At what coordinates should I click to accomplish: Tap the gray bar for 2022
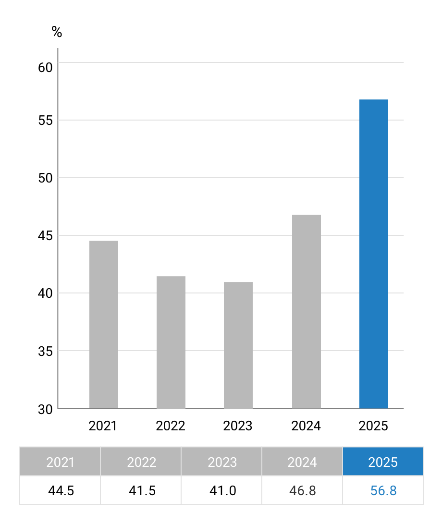[x=171, y=342]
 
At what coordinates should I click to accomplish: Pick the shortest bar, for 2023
[x=238, y=345]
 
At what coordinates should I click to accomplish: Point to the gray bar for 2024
[x=306, y=311]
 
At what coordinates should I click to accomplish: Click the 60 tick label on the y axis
[x=45, y=67]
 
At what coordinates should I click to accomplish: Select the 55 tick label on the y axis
[x=45, y=120]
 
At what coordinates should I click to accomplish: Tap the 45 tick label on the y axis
[x=45, y=236]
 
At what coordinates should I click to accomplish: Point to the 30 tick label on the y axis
[x=45, y=409]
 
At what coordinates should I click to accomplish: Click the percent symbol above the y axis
[x=57, y=33]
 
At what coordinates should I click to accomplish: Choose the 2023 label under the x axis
[x=238, y=426]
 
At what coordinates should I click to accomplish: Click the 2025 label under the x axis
[x=373, y=426]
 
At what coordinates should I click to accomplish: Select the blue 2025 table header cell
[x=383, y=462]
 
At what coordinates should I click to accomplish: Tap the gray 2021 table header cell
[x=60, y=462]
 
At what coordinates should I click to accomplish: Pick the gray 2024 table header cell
[x=302, y=462]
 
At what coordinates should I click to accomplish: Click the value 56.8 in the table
[x=383, y=490]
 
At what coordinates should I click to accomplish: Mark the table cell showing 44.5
[x=60, y=490]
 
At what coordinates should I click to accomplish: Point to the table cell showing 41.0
[x=221, y=490]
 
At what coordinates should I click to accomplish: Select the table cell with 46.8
[x=302, y=490]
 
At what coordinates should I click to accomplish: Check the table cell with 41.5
[x=141, y=490]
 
